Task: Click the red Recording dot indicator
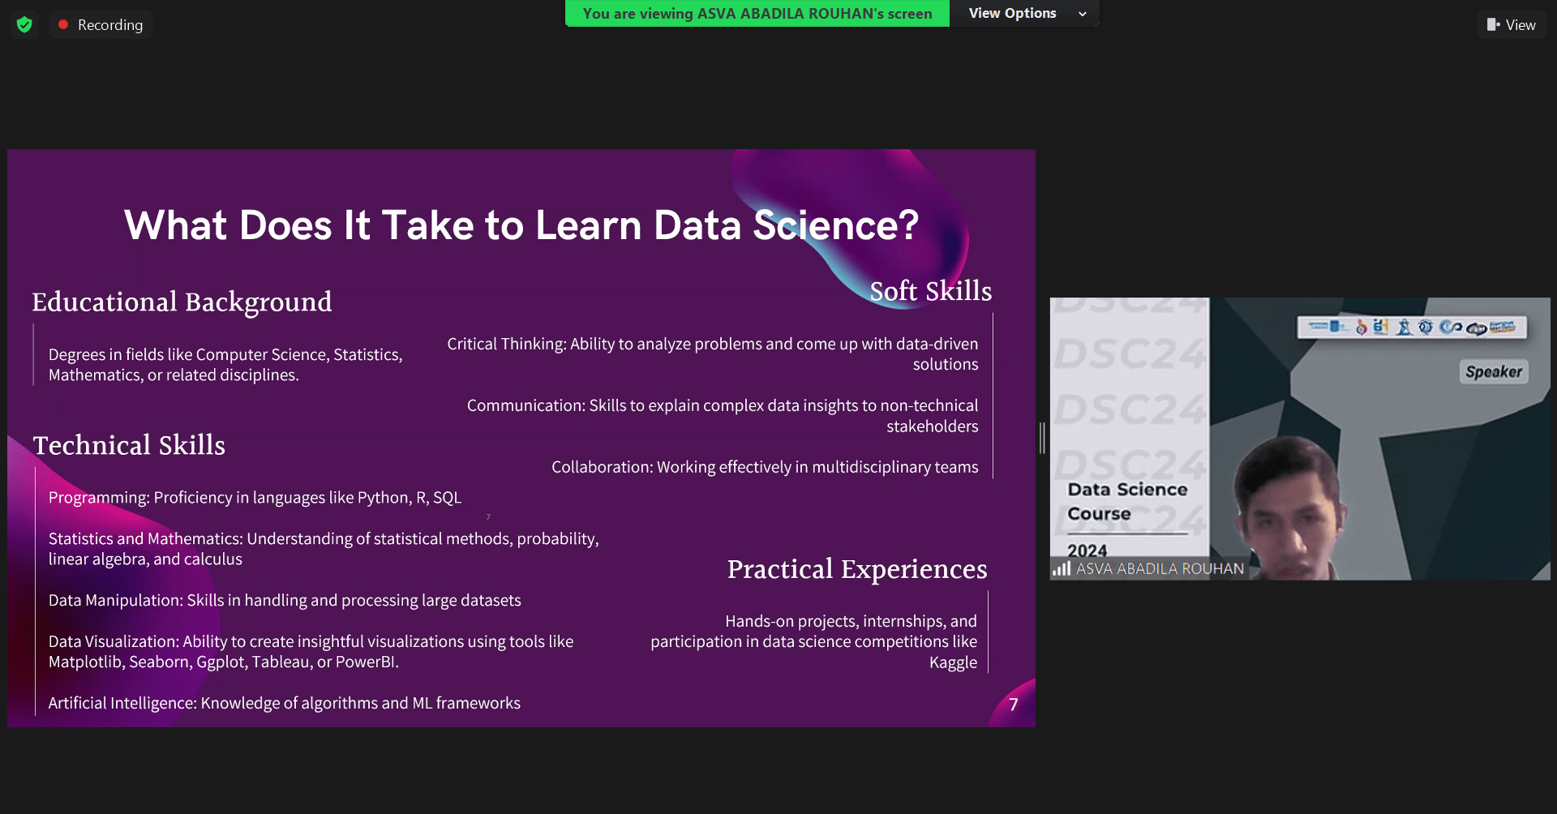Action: click(x=63, y=24)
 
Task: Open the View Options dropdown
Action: click(x=1025, y=13)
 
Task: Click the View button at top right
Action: click(x=1512, y=24)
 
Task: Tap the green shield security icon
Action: click(x=24, y=24)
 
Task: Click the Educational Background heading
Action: click(x=182, y=302)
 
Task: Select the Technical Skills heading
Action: click(x=129, y=445)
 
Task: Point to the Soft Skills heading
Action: click(x=930, y=291)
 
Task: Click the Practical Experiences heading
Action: click(x=856, y=569)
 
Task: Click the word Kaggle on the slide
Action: click(x=953, y=662)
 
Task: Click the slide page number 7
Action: click(x=1013, y=705)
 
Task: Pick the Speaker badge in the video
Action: click(x=1494, y=372)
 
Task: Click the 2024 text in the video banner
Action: click(x=1087, y=551)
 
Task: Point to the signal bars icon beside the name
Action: click(x=1062, y=568)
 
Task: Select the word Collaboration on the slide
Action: click(x=601, y=467)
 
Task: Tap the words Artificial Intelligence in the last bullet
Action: click(x=122, y=703)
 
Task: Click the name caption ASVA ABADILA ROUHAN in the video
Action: click(x=1160, y=569)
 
